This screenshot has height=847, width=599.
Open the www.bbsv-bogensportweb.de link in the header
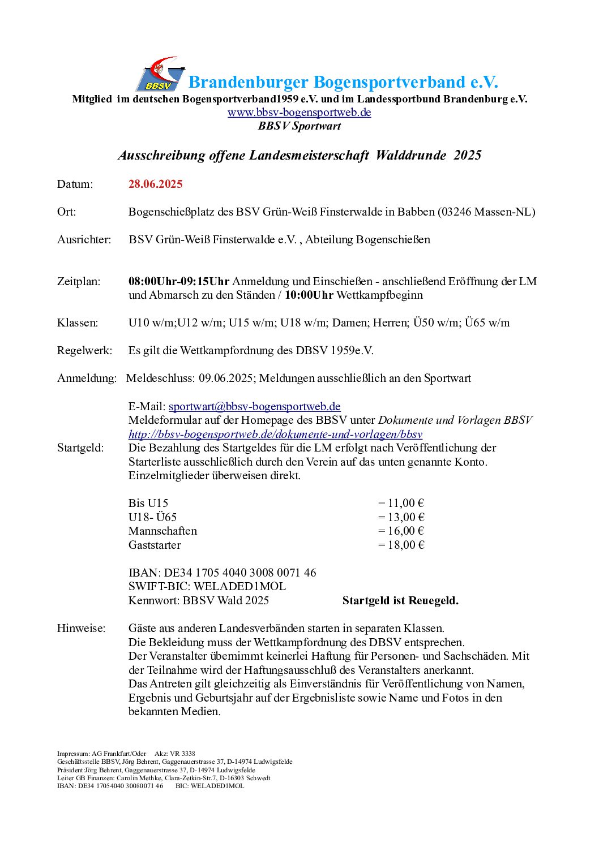[299, 112]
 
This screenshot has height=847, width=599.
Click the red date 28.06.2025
[155, 184]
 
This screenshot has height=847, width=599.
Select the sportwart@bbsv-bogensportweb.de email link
[254, 406]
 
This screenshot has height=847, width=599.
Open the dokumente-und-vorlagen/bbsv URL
[275, 435]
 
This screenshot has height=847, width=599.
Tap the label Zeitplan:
[78, 281]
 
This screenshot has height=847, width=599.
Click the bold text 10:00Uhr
[309, 295]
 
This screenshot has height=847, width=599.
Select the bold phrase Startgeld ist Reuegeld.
[400, 600]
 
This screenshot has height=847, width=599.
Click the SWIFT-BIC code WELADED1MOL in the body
[239, 586]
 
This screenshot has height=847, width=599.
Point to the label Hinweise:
[81, 628]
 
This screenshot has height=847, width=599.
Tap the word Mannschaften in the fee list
[162, 531]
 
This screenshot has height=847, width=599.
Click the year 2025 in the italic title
[467, 156]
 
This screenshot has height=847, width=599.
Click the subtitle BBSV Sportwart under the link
[299, 126]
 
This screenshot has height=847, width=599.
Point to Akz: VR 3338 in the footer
[174, 754]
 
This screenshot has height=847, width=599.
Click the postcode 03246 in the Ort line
[455, 212]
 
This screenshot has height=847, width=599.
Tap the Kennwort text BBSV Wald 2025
[225, 600]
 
